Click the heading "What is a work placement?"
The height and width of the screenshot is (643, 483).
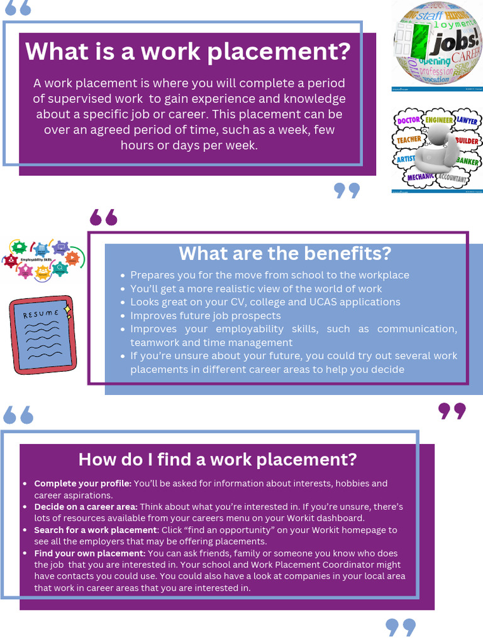click(187, 51)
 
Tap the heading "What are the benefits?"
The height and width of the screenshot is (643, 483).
click(285, 254)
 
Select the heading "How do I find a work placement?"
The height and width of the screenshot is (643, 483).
click(217, 459)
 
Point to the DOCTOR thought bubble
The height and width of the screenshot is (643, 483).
click(408, 120)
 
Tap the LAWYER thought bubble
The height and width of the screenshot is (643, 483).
click(466, 120)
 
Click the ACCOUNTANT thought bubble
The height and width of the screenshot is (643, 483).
click(451, 179)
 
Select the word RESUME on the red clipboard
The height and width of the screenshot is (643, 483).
click(41, 313)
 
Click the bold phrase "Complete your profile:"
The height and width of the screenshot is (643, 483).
click(83, 484)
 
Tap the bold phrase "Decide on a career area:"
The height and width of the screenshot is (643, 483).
click(86, 507)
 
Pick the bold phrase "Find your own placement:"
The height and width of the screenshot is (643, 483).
click(90, 553)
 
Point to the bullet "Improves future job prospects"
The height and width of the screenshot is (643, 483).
click(206, 315)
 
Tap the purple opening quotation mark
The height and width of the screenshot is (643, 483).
click(104, 217)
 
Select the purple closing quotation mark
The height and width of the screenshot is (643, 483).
click(452, 411)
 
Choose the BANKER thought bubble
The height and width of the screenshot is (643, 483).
click(467, 161)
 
